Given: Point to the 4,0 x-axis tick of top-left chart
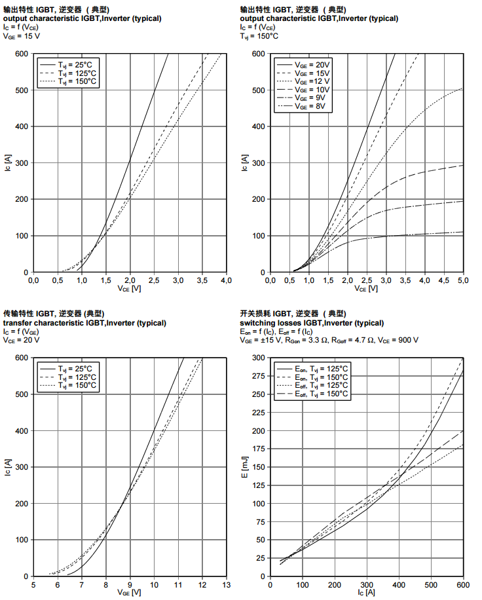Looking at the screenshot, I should [x=226, y=280].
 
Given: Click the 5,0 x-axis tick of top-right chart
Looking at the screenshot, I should [x=462, y=280].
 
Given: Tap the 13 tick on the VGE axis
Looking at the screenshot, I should [x=227, y=584].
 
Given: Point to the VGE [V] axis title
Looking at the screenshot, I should [x=129, y=593].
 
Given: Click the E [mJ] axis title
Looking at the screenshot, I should [x=245, y=466].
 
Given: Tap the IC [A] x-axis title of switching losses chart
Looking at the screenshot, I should [x=366, y=593].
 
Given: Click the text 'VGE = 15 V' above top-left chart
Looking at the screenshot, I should [x=22, y=36].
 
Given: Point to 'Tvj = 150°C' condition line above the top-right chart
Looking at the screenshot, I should [x=259, y=36].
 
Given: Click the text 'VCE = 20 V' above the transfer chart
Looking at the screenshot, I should [x=22, y=340].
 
